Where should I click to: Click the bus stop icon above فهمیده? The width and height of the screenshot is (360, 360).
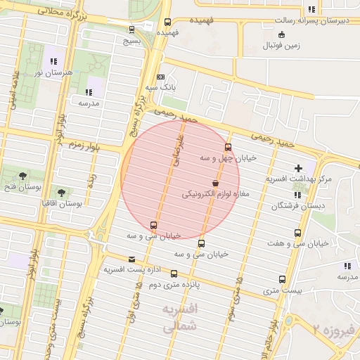pos(167,22)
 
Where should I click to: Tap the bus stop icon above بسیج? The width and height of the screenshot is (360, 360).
pos(132,30)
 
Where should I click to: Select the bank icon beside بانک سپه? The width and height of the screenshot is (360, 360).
pos(160,77)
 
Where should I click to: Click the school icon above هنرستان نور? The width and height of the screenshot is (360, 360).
pos(54,61)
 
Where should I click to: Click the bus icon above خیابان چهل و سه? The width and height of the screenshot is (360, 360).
pos(228,147)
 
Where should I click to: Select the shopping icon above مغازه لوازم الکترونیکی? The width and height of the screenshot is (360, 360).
pos(214,181)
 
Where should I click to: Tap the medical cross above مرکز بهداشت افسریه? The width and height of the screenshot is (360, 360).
pos(299,169)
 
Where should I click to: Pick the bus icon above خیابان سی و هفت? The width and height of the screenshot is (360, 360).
pos(300,232)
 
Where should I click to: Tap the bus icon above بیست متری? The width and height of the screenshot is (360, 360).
pos(283,279)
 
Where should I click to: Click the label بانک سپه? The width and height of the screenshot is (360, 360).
pos(160,89)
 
